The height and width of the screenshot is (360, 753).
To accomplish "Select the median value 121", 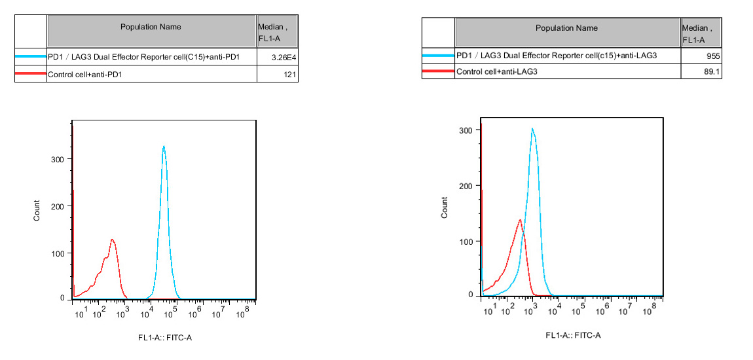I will [291, 75].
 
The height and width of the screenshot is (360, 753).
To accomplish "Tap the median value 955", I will [712, 56].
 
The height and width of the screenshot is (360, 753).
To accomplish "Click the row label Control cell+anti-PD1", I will [86, 75].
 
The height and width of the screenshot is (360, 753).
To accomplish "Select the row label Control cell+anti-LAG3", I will [496, 72].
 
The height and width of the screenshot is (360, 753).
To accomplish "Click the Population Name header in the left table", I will [151, 27].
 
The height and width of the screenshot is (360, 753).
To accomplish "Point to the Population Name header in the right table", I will [566, 28].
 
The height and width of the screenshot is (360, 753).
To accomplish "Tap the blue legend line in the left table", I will [30, 57].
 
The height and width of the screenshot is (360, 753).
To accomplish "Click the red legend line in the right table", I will [438, 72].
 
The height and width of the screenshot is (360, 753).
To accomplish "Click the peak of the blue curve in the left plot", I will [164, 147].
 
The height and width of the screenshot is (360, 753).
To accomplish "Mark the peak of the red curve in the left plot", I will [112, 240].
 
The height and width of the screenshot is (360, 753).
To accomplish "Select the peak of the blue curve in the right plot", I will [532, 129].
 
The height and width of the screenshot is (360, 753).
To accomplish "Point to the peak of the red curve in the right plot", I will [520, 220].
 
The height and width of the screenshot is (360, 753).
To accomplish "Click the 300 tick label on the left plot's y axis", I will [58, 159].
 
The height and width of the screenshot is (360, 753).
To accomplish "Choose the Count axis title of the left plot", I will [37, 209].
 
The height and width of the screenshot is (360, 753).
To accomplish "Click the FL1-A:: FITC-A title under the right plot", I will [573, 335].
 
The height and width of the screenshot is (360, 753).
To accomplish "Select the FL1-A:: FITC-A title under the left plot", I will [164, 338].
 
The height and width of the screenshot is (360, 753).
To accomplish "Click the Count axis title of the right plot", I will [445, 207].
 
